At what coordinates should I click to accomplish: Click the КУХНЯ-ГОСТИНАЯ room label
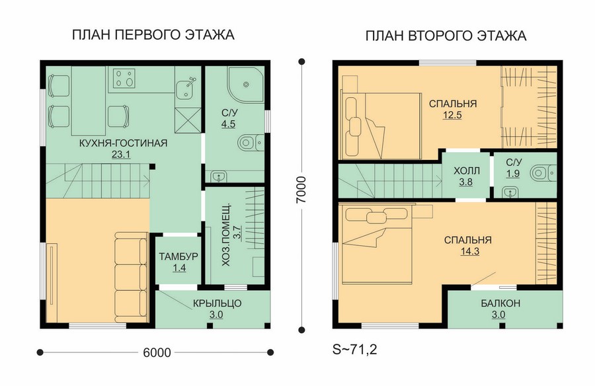click(x=124, y=143)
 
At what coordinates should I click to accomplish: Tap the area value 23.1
click(x=121, y=155)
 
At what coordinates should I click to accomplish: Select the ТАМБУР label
click(x=178, y=256)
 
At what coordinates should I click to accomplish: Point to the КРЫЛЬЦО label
click(x=217, y=303)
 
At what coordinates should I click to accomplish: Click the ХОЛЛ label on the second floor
click(x=466, y=171)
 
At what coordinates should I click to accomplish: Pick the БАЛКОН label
click(x=500, y=303)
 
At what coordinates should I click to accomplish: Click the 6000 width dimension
click(x=157, y=353)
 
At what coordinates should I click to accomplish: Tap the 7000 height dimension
click(x=301, y=190)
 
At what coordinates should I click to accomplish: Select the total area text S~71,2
click(x=355, y=350)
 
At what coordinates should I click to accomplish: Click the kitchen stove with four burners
click(x=124, y=78)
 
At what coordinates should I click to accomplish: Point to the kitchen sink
click(x=186, y=87)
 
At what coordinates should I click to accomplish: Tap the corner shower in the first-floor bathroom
click(x=245, y=84)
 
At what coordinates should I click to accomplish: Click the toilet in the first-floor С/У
click(x=251, y=143)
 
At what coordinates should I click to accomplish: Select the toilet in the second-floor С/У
click(x=543, y=173)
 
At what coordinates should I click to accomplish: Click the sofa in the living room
click(x=132, y=278)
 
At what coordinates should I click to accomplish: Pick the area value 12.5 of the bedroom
click(x=452, y=115)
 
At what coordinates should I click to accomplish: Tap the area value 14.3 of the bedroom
click(x=470, y=251)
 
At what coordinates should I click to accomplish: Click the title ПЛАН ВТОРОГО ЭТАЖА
click(x=446, y=36)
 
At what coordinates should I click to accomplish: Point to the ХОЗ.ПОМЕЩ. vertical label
click(x=230, y=235)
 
